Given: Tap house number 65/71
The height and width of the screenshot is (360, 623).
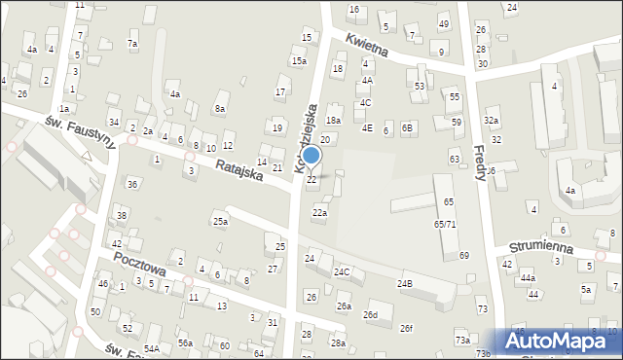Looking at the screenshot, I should pos(445,224).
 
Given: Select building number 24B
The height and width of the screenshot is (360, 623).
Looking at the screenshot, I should pos(404,283).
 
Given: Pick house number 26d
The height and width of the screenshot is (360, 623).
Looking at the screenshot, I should pos(370,315).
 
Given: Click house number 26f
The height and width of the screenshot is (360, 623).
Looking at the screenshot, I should pos(406,328).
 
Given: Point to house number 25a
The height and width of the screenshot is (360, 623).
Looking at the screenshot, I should pos(221,222).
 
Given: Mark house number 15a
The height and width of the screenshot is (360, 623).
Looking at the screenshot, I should pos(299,60).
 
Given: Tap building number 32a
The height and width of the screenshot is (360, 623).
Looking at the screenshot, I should pos(492,121).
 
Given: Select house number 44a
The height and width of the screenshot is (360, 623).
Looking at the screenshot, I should pos(528,278).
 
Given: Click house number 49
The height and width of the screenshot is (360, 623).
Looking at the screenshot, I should pos(444,24).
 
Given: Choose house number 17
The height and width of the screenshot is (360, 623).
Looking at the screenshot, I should pos(280,92).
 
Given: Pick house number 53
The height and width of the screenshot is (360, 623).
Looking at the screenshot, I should pos(420,87).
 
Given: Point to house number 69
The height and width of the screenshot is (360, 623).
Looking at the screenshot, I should pos(464,255).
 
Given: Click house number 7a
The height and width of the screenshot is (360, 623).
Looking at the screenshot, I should pos(132,44).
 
